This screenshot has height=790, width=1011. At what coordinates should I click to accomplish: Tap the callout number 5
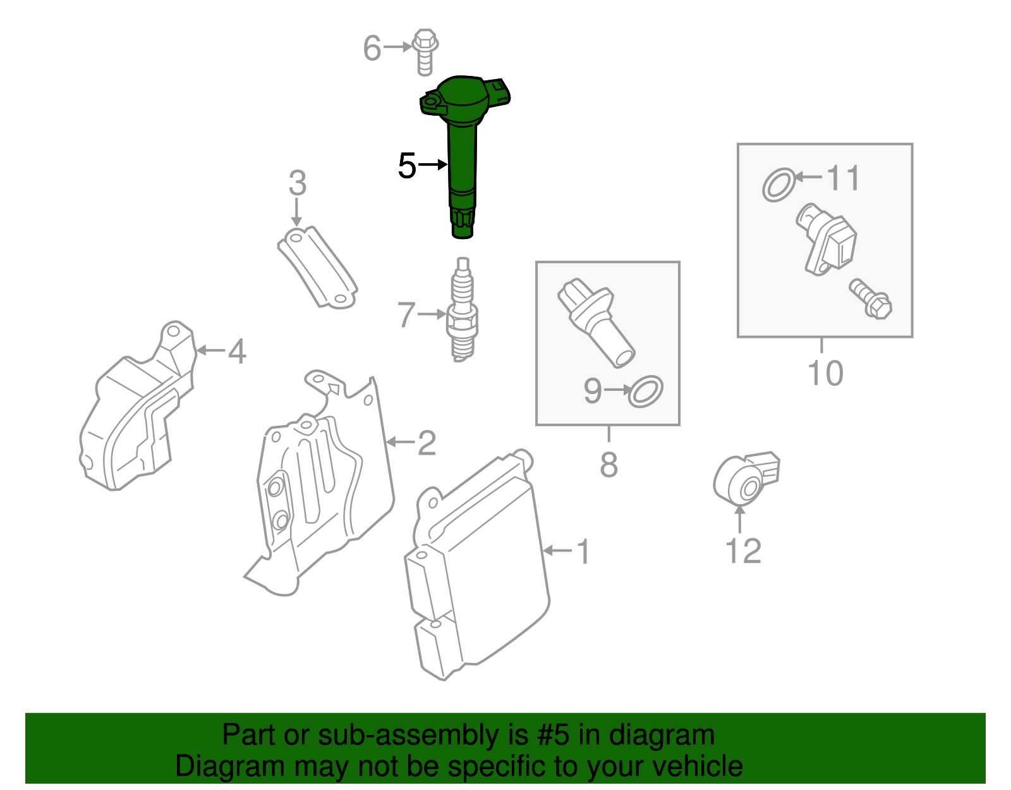pyautogui.click(x=407, y=166)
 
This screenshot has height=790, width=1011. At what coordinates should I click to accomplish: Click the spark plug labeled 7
pyautogui.click(x=463, y=313)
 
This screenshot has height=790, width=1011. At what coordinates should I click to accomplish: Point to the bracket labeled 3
pyautogui.click(x=317, y=268)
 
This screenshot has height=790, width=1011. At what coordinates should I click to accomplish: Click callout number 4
pyautogui.click(x=237, y=351)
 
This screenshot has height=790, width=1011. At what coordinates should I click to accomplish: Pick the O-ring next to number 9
pyautogui.click(x=645, y=392)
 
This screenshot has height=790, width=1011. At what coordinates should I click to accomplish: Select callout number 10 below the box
pyautogui.click(x=825, y=373)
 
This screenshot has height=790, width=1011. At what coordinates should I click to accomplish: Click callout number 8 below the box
pyautogui.click(x=608, y=465)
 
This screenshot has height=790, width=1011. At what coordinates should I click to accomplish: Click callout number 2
pyautogui.click(x=427, y=443)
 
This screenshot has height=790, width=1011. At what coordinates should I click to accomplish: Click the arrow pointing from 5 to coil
pyautogui.click(x=433, y=164)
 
